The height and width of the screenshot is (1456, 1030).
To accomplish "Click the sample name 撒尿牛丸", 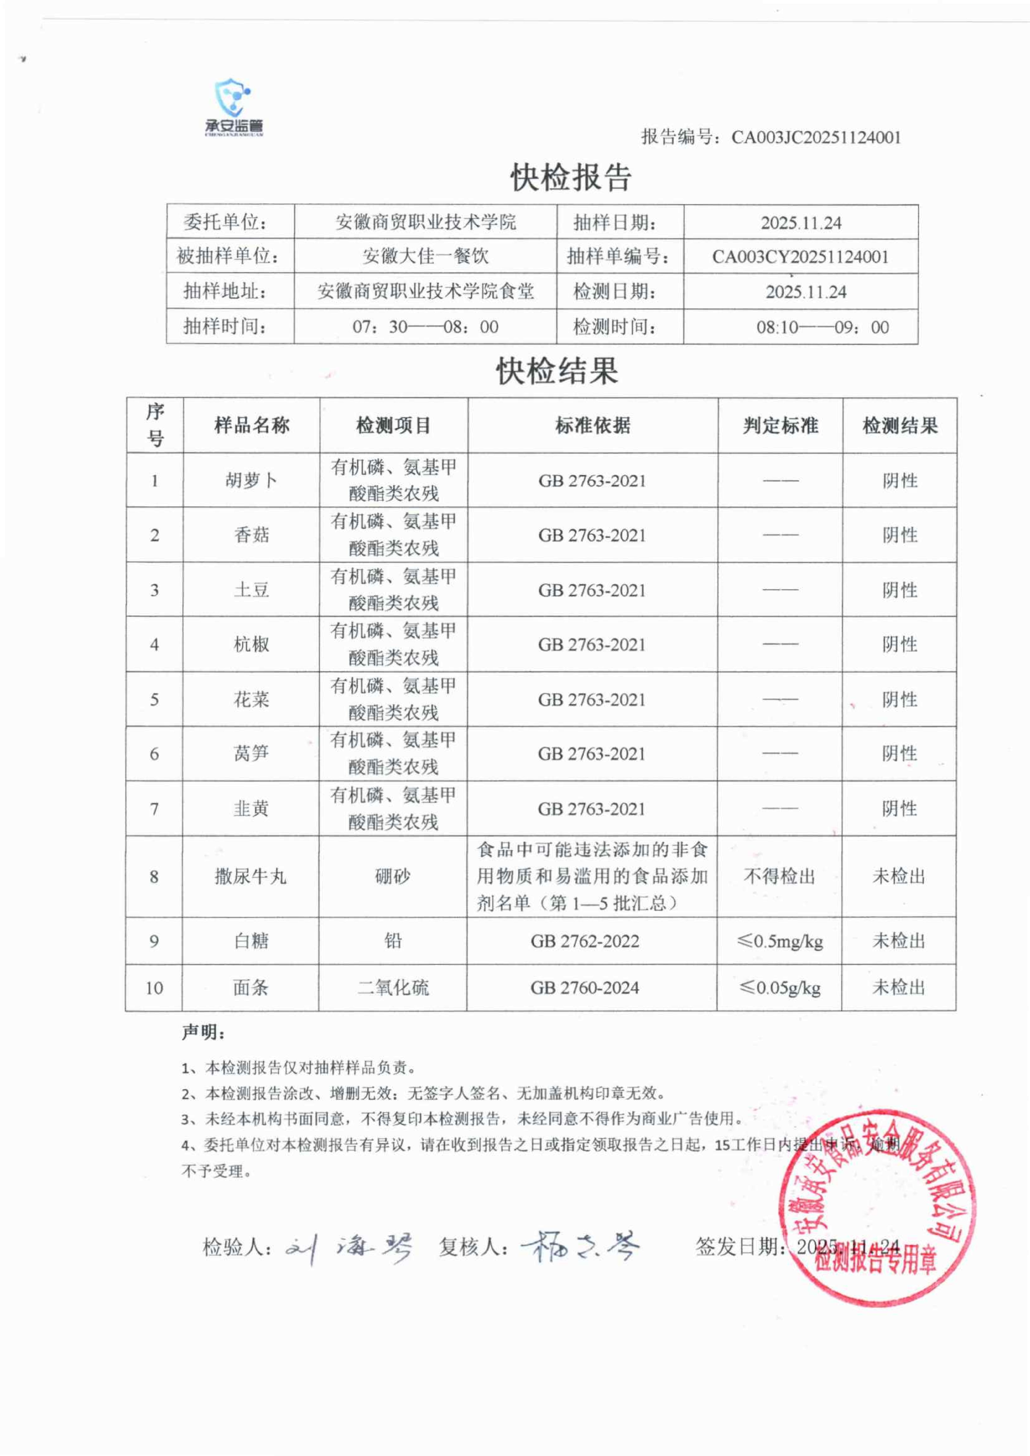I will click(251, 876).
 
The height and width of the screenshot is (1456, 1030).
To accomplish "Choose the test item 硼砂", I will click(393, 876).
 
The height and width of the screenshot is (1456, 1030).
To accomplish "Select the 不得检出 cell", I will click(779, 876).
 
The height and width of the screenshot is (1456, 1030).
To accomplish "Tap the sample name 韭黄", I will click(251, 809).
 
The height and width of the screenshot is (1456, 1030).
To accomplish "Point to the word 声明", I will click(203, 1033).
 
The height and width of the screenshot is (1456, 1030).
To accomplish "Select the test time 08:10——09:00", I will click(822, 327).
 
